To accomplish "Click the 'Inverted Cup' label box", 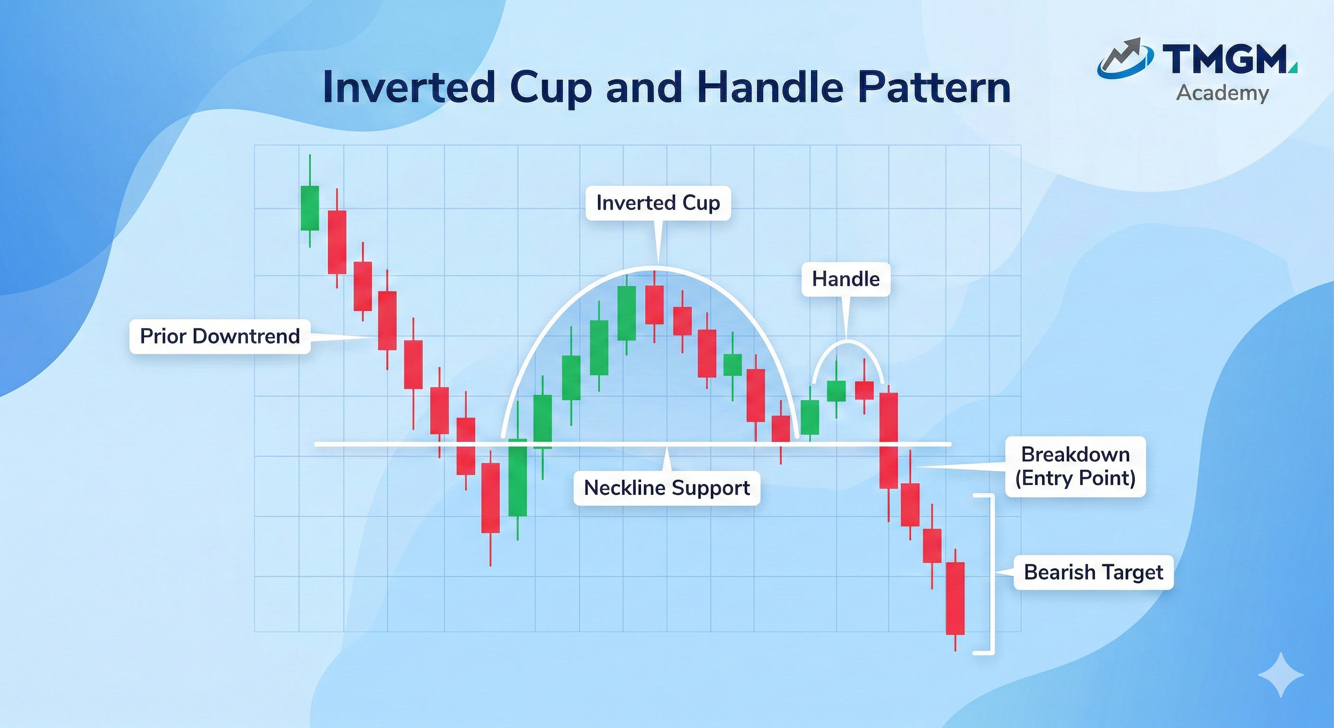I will point(658,203).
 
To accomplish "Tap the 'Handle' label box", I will point(845,279).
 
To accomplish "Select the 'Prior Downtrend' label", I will point(220,337).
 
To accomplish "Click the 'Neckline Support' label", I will point(667,488).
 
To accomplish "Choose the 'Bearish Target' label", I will point(1093,573).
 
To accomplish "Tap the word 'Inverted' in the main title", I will point(409,88).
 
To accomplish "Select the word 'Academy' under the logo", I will point(1222,93).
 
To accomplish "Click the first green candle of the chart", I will point(310,208).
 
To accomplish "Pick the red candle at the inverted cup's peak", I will point(654,305).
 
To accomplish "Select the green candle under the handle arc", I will point(836,391).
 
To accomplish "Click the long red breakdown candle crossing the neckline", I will point(889,440).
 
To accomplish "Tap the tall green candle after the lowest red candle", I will point(517,477).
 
